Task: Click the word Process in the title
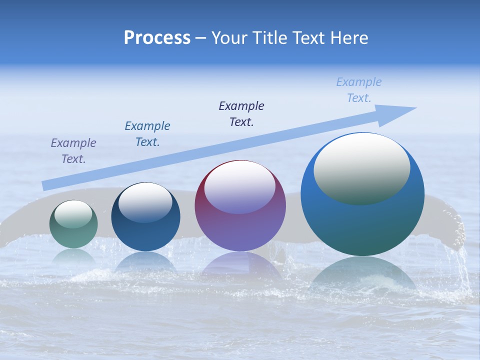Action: coord(157,38)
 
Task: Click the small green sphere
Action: coord(73,235)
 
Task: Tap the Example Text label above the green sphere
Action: coord(73,151)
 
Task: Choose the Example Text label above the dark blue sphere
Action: coord(147,134)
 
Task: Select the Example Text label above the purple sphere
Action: coord(241,114)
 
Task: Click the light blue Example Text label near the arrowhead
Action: coord(358,90)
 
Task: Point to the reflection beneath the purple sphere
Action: coord(240,265)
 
